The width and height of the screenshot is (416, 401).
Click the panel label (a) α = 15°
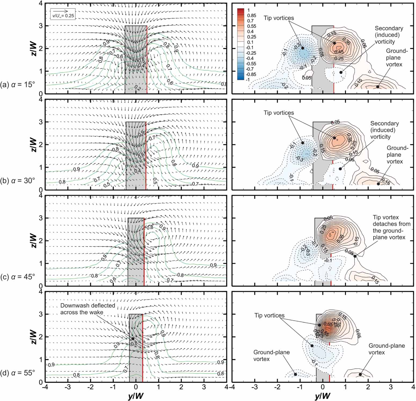pyautogui.click(x=18, y=85)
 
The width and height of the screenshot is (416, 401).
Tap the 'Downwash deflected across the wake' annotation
pyautogui.click(x=87, y=309)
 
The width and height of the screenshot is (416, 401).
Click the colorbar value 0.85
pyautogui.click(x=251, y=16)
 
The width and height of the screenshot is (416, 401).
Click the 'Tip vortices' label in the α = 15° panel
pyautogui.click(x=279, y=18)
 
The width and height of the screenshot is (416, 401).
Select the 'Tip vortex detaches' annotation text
pyautogui.click(x=391, y=227)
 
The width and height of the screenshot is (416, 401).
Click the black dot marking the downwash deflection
pyautogui.click(x=133, y=339)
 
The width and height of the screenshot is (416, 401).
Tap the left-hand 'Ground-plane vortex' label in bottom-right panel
pyautogui.click(x=271, y=356)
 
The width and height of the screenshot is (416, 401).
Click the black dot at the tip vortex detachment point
pyautogui.click(x=355, y=256)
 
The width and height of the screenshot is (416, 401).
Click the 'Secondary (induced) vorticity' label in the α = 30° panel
pyautogui.click(x=384, y=130)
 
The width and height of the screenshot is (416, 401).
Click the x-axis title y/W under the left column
pyautogui.click(x=136, y=396)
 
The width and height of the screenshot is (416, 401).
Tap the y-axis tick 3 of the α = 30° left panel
pyautogui.click(x=41, y=122)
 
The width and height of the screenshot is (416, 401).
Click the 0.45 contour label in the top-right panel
pyautogui.click(x=339, y=52)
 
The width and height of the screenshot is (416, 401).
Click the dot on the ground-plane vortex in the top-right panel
pyautogui.click(x=378, y=87)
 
